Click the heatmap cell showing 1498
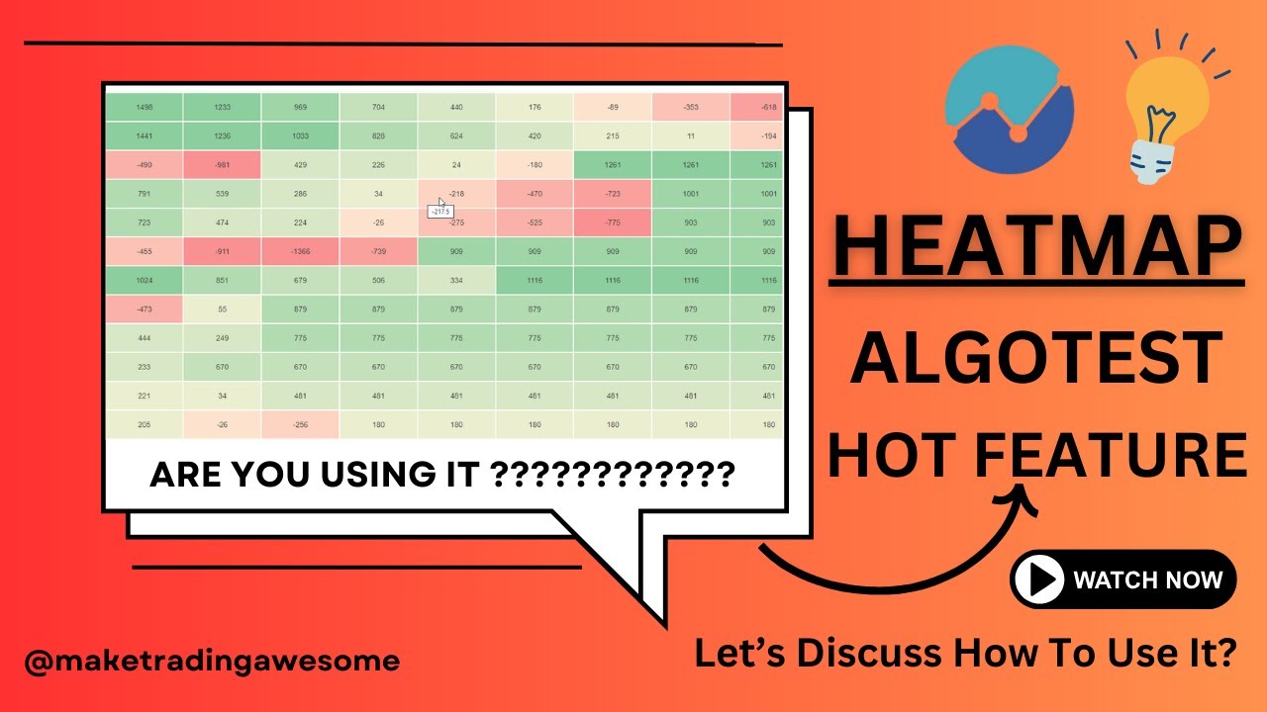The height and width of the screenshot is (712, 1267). [145, 108]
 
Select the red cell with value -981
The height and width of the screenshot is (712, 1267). [222, 165]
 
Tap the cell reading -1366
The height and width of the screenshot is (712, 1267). [300, 252]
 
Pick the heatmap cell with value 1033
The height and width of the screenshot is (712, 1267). [300, 136]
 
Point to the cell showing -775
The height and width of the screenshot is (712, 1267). [613, 223]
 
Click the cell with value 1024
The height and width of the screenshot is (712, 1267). [145, 281]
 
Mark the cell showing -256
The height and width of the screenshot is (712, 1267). [300, 424]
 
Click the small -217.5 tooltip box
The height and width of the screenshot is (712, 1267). [439, 212]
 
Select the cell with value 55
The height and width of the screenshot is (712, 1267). [222, 310]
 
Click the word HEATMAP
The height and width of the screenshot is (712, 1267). [1035, 246]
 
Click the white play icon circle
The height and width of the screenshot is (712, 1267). [1037, 579]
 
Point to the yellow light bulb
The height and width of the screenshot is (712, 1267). [1168, 109]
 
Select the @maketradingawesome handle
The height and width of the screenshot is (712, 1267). [212, 661]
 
